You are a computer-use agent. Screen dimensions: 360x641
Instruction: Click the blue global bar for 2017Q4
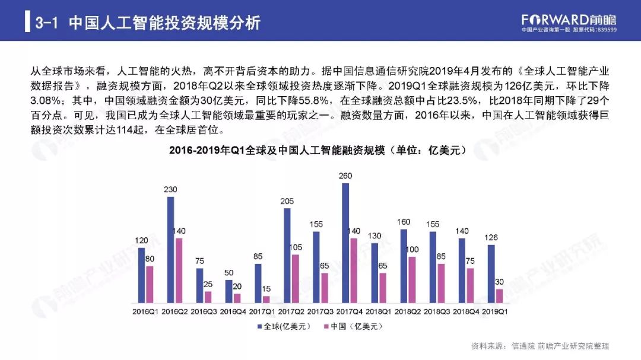point(345,243)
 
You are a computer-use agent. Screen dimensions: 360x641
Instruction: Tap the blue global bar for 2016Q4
point(229,291)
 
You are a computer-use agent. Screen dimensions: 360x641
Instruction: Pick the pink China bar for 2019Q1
point(499,296)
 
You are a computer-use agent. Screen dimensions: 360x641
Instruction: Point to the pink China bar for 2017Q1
point(266,300)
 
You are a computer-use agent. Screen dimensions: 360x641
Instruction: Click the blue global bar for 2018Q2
point(404,266)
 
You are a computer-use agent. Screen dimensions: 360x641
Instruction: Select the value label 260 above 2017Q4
point(345,176)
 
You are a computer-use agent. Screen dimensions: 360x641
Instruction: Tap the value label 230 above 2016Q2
point(170,190)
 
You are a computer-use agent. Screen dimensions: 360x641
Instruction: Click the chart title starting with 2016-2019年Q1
point(318,151)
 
